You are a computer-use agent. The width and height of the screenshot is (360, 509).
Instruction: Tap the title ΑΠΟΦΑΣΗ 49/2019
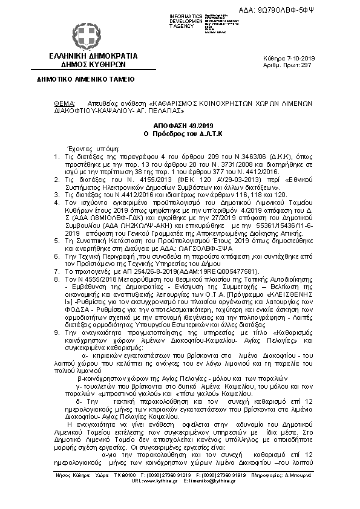point(185,123)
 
